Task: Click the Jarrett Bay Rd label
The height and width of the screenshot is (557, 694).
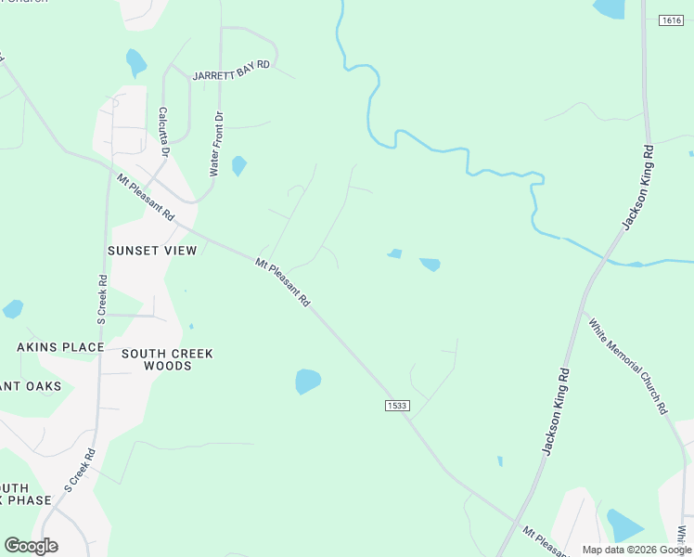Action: [231, 71]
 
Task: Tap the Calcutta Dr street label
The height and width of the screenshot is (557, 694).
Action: [163, 132]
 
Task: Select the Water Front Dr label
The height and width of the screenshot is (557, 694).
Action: [215, 144]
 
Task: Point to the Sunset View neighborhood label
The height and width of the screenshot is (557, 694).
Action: [152, 251]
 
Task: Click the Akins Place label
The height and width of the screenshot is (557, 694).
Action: [60, 347]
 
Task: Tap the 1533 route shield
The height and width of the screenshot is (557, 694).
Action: [397, 405]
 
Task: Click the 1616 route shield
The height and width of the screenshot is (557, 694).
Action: [671, 20]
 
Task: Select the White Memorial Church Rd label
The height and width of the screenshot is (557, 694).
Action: [628, 366]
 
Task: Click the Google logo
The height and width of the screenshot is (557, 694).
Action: [31, 545]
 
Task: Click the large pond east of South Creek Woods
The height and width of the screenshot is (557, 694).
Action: [307, 381]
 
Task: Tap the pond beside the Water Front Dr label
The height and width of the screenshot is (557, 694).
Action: [238, 165]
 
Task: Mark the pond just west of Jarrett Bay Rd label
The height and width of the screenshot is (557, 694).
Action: [135, 61]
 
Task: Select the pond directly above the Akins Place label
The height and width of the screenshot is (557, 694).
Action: [12, 309]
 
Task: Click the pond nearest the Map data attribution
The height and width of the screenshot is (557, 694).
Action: [623, 525]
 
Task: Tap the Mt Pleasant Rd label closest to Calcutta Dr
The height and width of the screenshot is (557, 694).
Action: [146, 196]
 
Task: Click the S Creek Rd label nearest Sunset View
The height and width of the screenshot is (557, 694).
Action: [102, 298]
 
